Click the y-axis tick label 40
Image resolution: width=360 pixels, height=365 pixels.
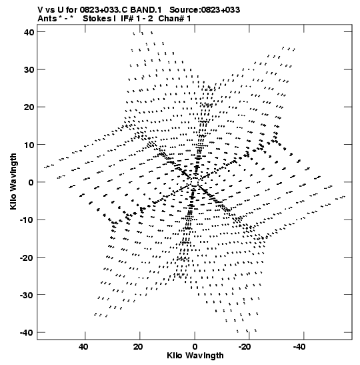29,32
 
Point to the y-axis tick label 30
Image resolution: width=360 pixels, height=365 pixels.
29,69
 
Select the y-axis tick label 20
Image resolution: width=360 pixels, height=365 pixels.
29,107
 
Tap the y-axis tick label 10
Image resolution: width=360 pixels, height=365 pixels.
29,145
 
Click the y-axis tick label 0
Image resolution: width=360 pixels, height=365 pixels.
31,182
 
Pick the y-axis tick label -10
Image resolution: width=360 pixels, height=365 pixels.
27,220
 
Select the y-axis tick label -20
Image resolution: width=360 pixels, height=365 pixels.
27,258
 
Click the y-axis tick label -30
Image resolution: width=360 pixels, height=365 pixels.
27,295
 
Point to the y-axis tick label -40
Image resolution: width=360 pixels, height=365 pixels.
27,332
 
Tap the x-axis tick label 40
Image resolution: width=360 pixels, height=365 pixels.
83,347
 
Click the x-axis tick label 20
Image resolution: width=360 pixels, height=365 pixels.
138,347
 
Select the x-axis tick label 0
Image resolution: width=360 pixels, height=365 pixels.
195,347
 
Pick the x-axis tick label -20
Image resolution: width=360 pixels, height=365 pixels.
245,347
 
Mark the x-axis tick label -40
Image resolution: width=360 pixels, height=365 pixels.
299,347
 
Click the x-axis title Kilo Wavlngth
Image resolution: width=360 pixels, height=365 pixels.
195,356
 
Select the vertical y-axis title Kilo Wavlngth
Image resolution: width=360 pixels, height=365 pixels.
13,181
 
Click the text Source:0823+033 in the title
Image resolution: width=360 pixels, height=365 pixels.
205,10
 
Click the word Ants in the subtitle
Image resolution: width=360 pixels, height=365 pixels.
47,19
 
